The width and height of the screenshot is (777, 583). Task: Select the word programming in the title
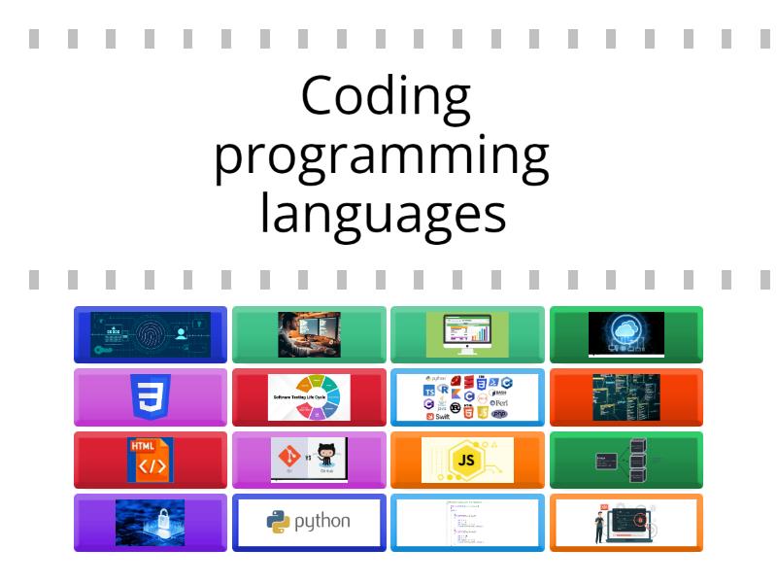382,156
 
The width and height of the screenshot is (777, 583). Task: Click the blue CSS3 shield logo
151,396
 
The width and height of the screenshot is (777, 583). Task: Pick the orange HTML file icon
151,460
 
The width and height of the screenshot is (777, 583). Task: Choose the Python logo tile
309,522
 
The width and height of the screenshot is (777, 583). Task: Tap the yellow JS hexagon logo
468,460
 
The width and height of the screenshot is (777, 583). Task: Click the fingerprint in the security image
146,334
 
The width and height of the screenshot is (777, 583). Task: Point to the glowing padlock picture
151,522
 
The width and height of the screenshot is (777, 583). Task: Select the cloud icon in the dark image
626,328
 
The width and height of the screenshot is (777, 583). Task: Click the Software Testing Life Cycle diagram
309,396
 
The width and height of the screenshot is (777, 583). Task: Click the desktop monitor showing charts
468,334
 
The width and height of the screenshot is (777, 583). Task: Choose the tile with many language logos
468,396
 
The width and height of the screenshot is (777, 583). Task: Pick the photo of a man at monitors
309,334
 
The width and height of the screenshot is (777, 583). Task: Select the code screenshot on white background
468,522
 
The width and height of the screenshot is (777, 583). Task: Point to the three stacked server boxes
638,460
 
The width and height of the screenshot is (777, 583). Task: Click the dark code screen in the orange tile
626,396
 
